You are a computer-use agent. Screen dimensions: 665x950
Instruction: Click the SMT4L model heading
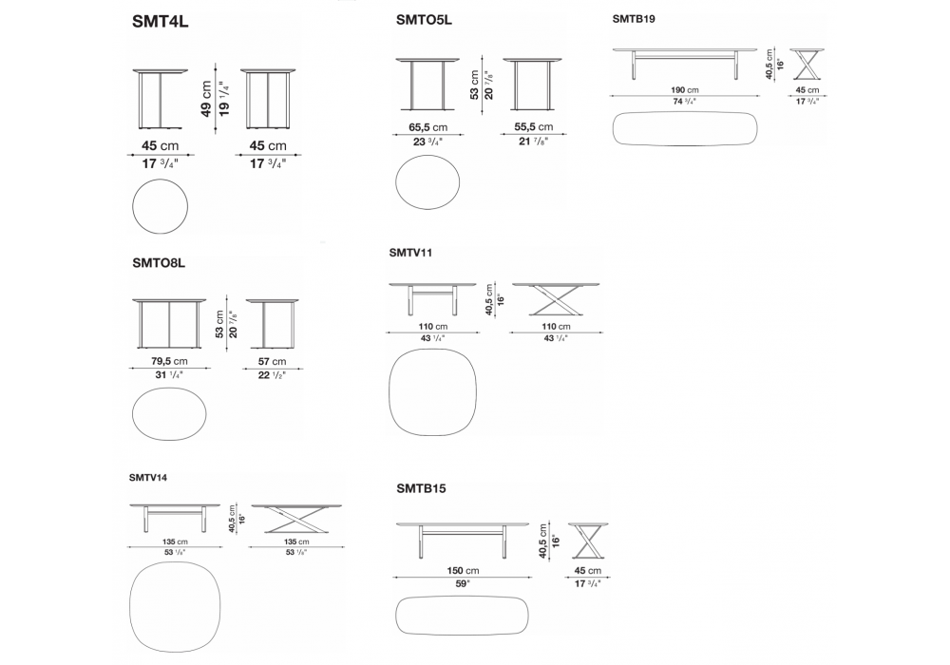coord(162,24)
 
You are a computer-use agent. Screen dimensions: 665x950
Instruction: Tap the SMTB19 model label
coord(634,18)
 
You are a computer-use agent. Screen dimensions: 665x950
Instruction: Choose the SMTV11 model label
coord(411,253)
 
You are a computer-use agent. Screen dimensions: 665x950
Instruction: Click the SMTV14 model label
coord(148,477)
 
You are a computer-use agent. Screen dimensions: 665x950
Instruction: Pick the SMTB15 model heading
coord(422,488)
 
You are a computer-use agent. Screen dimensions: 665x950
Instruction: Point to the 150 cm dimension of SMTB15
coord(463,571)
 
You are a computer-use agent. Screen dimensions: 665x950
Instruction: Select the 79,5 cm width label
coord(169,362)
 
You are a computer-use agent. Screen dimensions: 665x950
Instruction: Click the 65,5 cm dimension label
coord(427,127)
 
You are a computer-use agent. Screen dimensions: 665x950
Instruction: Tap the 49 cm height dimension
coord(207,97)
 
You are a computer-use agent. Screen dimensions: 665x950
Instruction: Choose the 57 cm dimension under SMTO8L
coord(272,362)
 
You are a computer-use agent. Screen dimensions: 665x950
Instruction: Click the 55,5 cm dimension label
coord(532,127)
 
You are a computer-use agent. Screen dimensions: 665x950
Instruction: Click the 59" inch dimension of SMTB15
coord(463,585)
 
